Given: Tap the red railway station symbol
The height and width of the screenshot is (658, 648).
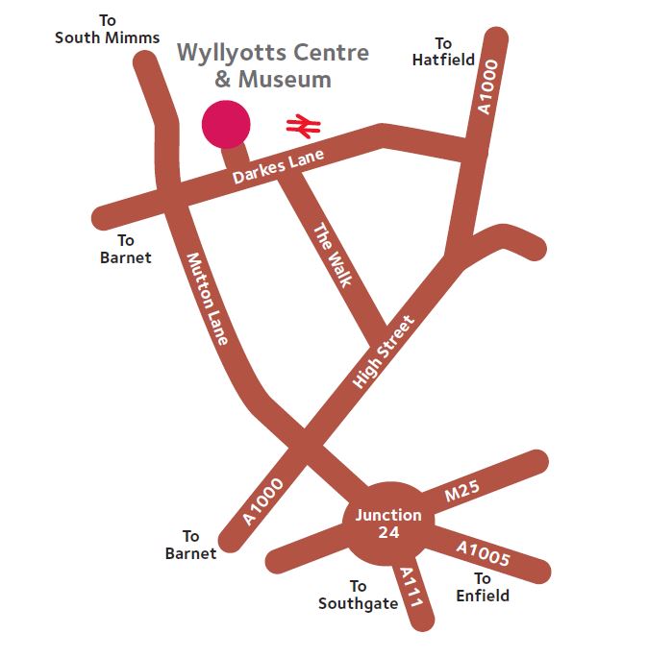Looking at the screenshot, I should pyautogui.click(x=304, y=125).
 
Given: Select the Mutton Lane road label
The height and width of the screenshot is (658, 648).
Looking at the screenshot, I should pyautogui.click(x=208, y=299).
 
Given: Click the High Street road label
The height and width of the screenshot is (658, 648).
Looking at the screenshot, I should pyautogui.click(x=384, y=352).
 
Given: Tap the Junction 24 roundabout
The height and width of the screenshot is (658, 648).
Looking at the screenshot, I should pyautogui.click(x=388, y=523).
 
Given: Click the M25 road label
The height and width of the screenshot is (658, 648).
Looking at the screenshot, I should pyautogui.click(x=461, y=494).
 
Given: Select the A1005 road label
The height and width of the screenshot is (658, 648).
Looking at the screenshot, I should pyautogui.click(x=483, y=554).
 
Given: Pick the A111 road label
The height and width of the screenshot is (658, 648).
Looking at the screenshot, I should pyautogui.click(x=411, y=585).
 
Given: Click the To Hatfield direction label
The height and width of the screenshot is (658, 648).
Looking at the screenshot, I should pyautogui.click(x=443, y=52).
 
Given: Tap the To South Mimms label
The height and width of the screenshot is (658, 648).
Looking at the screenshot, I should pyautogui.click(x=107, y=29).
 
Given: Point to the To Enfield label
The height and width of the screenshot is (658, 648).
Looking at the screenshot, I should pyautogui.click(x=483, y=587).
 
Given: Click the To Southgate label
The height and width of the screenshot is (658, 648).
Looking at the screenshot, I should pyautogui.click(x=358, y=595).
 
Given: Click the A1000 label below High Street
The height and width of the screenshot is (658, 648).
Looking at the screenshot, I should pyautogui.click(x=263, y=501).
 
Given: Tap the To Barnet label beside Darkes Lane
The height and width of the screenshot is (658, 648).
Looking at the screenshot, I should pyautogui.click(x=126, y=249).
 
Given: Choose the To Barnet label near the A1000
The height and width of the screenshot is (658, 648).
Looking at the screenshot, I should pyautogui.click(x=190, y=545).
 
